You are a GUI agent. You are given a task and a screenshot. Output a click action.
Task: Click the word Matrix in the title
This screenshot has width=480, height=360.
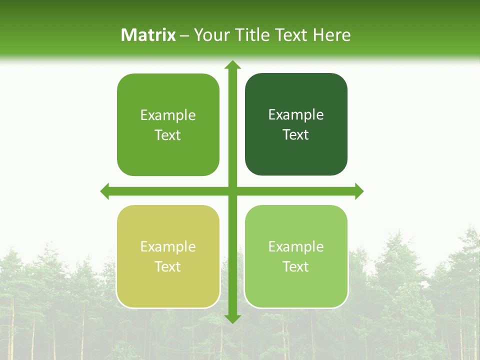click(148, 35)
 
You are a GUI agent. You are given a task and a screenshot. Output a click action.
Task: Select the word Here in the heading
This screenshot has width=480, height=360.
click(331, 35)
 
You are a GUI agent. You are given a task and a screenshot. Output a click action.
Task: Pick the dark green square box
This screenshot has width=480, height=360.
click(296, 124)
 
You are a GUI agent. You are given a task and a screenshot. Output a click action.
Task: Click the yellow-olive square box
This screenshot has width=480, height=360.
click(168, 256)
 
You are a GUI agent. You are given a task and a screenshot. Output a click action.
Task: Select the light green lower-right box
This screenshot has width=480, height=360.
click(296, 256)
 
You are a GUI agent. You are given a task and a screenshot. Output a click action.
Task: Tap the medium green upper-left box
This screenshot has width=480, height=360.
click(168, 124)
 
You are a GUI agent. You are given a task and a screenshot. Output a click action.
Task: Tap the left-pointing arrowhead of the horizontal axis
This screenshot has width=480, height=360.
click(105, 191)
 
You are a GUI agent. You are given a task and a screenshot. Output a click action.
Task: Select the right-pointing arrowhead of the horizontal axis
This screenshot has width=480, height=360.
click(358, 191)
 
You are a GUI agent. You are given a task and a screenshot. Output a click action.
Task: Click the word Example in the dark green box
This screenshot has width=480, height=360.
click(296, 115)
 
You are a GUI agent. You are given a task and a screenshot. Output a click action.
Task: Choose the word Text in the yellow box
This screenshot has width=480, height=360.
click(168, 266)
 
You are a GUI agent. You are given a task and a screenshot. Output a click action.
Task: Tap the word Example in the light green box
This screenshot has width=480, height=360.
click(296, 246)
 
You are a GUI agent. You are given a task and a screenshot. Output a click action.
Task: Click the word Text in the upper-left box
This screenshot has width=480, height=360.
click(168, 135)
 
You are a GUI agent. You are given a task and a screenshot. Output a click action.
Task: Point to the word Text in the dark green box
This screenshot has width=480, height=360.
click(296, 134)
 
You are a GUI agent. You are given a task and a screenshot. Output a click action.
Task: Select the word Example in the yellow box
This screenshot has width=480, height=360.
click(168, 246)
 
